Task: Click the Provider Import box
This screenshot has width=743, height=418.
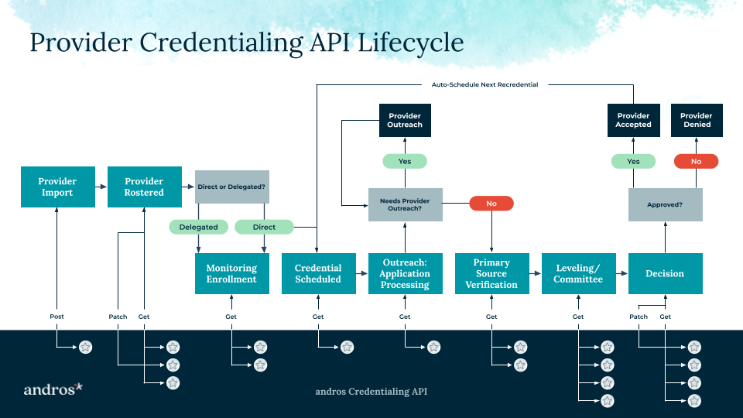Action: pos(57,187)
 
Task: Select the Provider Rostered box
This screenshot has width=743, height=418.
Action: pos(145,187)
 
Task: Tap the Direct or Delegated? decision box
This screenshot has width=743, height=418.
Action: pos(231,187)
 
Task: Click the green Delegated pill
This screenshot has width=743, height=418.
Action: pos(198,227)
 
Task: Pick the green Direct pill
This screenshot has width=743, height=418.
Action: pos(264,227)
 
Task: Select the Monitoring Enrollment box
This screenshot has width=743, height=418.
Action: pos(231,273)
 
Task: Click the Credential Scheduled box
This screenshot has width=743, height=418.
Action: pos(318,273)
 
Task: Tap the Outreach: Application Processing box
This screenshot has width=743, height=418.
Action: pos(405,273)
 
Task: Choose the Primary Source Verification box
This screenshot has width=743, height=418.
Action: pos(491,273)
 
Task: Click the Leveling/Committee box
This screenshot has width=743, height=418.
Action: pos(578,273)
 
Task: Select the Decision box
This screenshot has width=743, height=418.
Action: pos(665,273)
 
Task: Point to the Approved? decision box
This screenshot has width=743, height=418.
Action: pos(665,205)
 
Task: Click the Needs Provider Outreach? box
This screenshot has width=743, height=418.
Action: pos(405,205)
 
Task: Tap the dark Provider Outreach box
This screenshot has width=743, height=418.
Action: pos(405,121)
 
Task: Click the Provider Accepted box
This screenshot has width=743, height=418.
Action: pos(634,121)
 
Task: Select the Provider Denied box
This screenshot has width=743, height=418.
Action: pos(696,121)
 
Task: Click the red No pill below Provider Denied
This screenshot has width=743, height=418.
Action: pos(696,162)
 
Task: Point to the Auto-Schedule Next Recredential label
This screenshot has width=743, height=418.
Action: pos(484,84)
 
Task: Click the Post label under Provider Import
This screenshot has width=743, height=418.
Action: pos(57,317)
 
